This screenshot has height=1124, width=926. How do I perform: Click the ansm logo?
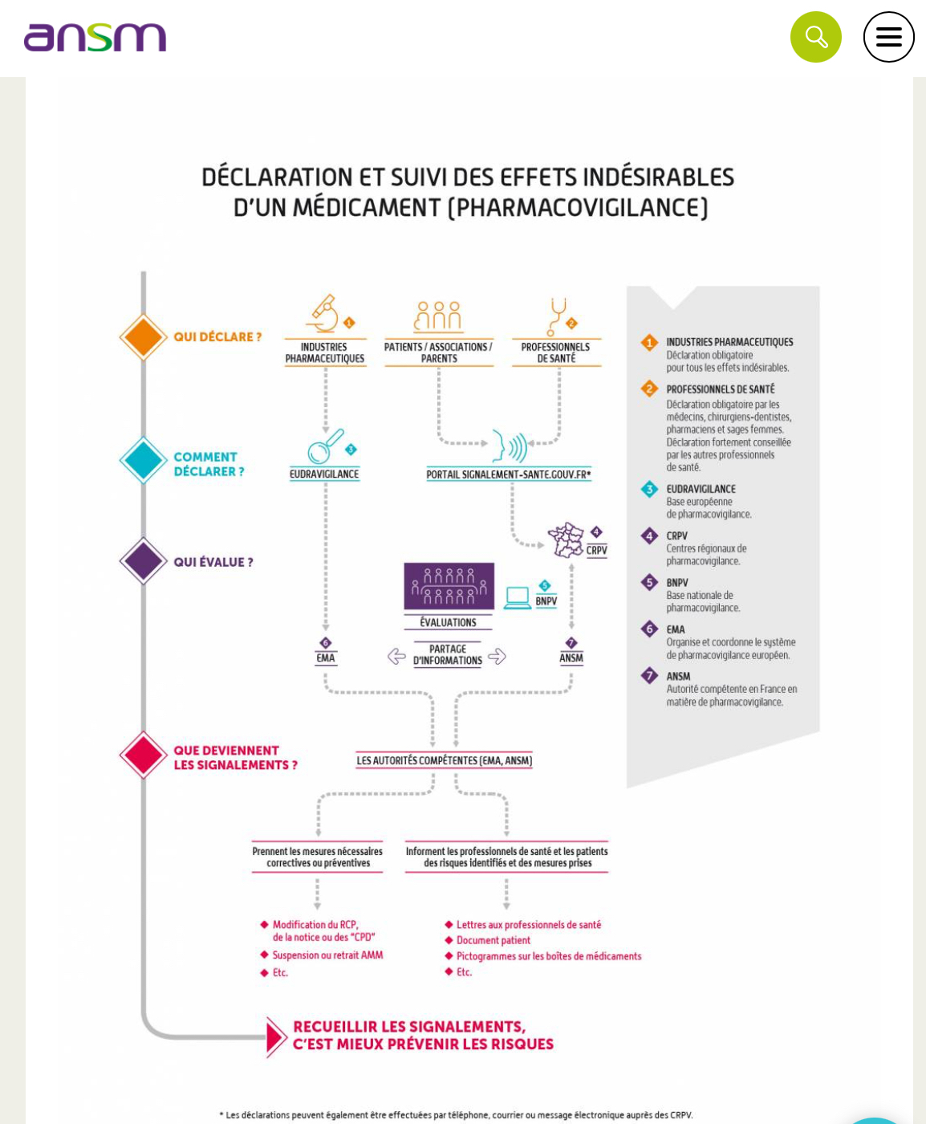(95, 38)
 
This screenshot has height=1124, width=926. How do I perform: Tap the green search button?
(815, 37)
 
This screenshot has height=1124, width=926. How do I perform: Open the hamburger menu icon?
(888, 37)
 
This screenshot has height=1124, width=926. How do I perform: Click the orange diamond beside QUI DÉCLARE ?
(144, 337)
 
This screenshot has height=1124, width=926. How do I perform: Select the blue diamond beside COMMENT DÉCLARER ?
(144, 460)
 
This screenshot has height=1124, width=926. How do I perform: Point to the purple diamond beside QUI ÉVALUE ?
(144, 561)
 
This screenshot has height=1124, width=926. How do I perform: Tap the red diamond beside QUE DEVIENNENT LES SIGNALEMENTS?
(144, 755)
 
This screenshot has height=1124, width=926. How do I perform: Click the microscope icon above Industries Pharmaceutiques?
(323, 315)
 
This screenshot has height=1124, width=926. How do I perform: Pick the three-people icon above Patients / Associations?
(438, 316)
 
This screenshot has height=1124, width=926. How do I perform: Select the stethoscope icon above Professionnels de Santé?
(556, 316)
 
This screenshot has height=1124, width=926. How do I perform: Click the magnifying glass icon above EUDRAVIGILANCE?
(323, 446)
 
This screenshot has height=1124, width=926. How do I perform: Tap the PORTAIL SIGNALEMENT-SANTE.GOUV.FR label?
(509, 474)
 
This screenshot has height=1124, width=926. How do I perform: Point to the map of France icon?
(567, 540)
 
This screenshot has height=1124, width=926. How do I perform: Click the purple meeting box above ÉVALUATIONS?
(449, 586)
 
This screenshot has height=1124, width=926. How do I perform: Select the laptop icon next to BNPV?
(518, 598)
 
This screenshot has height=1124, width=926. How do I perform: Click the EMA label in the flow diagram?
(325, 658)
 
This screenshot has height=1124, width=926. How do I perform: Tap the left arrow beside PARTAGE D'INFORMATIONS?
(396, 656)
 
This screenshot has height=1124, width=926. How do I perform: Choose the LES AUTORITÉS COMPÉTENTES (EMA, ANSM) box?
(444, 760)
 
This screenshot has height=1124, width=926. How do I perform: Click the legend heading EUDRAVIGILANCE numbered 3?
(701, 489)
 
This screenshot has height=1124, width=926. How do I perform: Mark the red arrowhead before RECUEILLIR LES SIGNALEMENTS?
(275, 1036)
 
